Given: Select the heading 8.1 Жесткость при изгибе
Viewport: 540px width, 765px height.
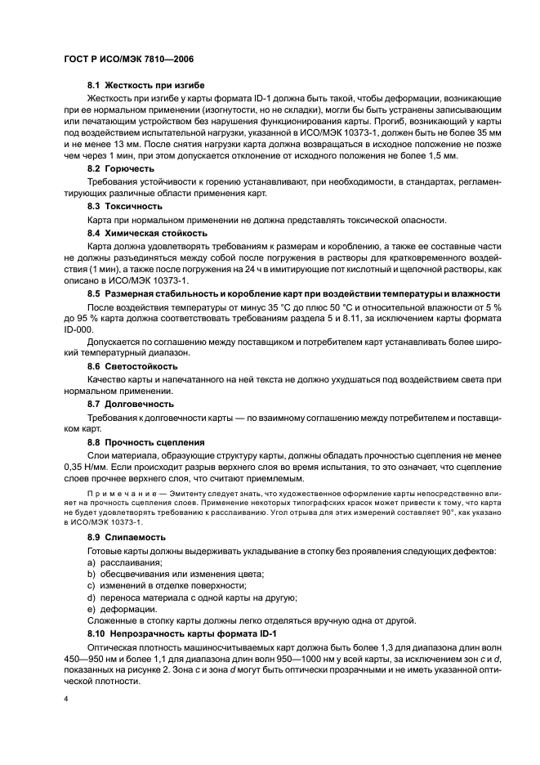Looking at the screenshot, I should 145,85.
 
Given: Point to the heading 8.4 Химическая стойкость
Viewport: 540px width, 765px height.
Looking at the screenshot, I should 147,233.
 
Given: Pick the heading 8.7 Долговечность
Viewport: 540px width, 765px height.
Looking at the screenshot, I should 130,404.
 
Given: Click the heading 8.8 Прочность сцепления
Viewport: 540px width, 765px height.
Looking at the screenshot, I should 145,442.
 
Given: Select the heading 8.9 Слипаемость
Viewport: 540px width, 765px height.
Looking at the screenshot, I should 126,537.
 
